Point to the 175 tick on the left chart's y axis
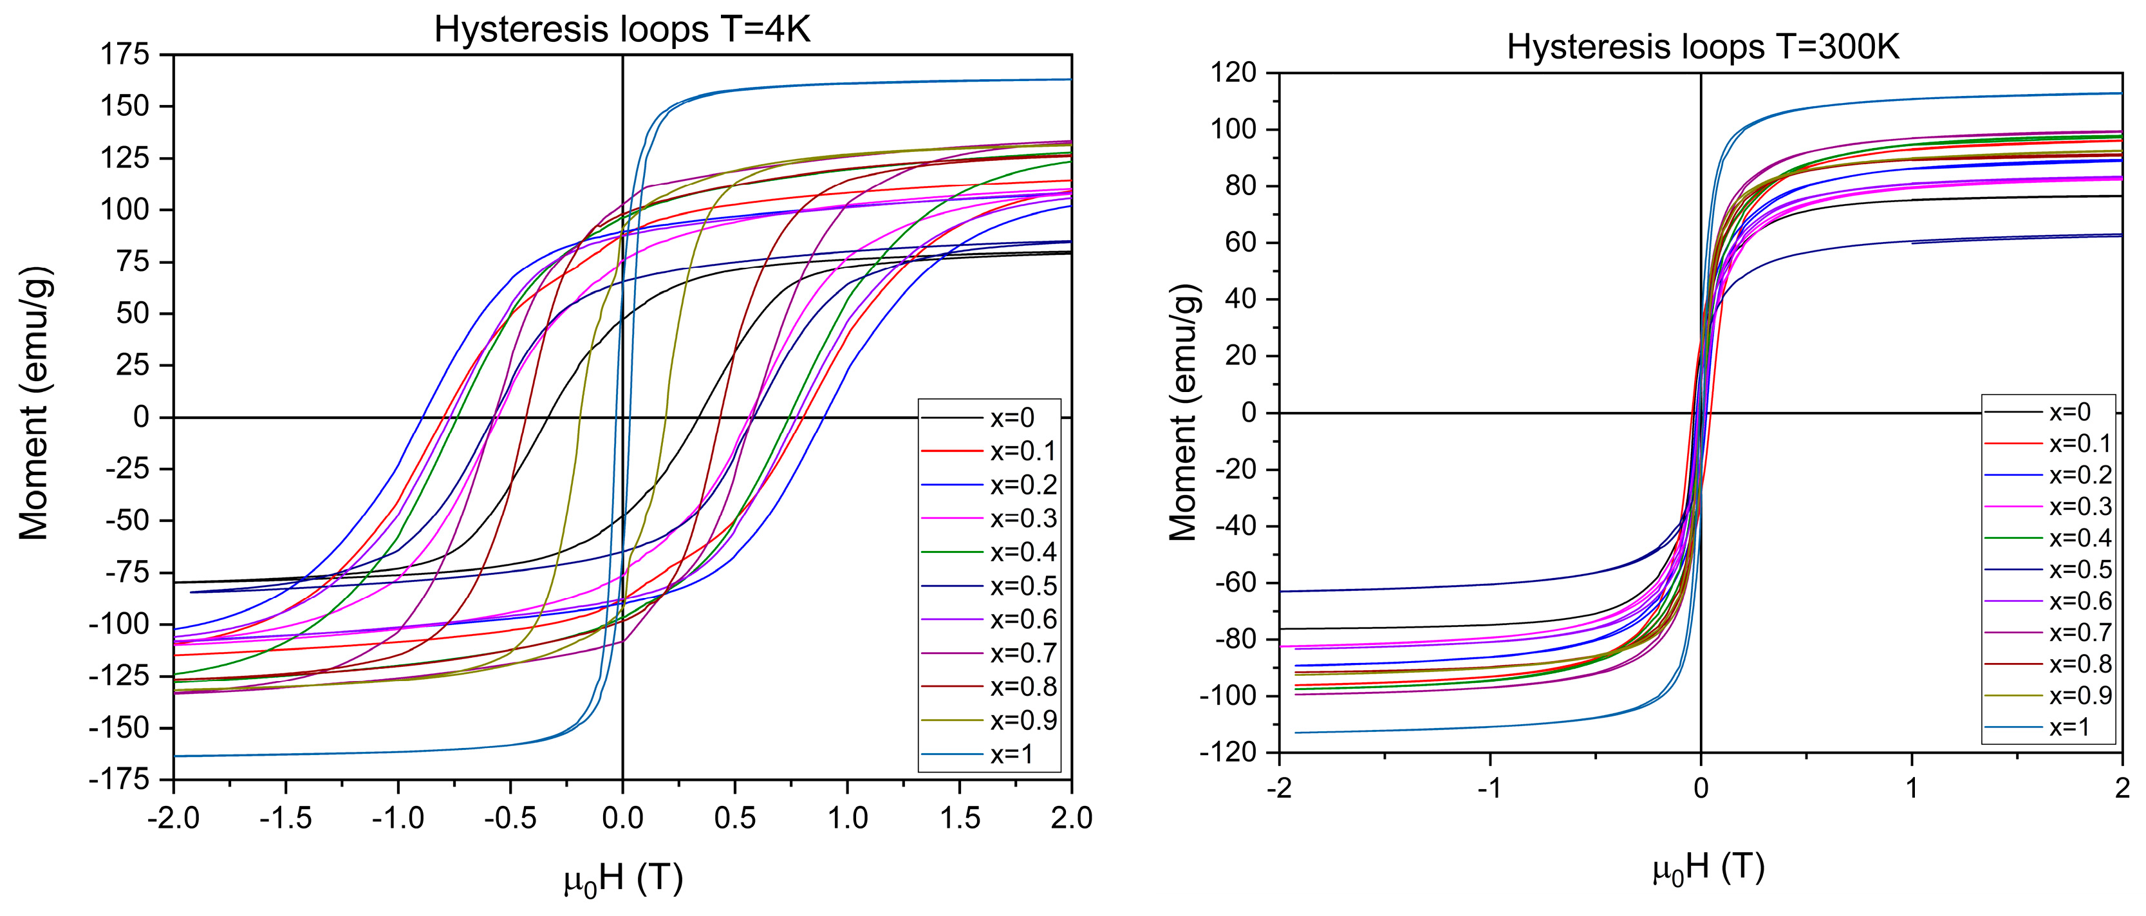tap(125, 55)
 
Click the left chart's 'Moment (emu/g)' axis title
tap(35, 404)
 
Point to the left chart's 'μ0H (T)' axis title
tap(623, 880)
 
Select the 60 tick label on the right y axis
tap(1240, 243)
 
